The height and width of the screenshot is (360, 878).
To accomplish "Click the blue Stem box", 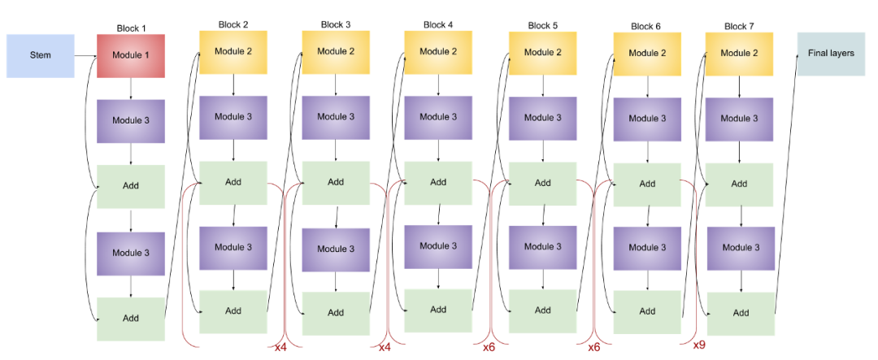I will coord(41,55).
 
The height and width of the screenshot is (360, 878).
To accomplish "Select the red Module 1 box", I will coord(131,55).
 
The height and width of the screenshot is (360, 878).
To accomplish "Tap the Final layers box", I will coord(831,54).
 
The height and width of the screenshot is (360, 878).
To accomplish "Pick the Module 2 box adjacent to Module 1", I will coord(233,52).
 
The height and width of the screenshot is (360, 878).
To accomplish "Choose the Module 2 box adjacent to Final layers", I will coord(739,54).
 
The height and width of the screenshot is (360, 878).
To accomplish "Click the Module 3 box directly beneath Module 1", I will coord(131,121).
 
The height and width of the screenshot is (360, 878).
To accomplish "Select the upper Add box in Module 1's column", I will coord(131,186).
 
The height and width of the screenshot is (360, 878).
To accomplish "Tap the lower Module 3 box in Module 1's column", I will coord(131,254).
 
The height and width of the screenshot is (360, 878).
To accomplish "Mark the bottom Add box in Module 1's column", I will coord(131,319).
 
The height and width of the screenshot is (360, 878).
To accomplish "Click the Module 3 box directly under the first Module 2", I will coord(233,117).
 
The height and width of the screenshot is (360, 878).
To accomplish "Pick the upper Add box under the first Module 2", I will coord(233,183).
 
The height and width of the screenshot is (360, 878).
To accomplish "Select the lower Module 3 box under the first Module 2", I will coord(233,248).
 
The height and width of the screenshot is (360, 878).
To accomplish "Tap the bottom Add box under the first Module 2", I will coord(233,311).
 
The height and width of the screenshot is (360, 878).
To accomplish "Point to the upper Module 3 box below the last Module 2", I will coord(739,119).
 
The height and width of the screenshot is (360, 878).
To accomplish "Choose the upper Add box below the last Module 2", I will coord(739,184).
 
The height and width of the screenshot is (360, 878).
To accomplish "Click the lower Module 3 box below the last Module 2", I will coord(741,248).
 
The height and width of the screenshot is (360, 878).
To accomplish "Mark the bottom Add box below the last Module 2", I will coord(741,314).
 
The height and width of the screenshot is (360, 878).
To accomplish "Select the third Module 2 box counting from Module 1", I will coord(438,52).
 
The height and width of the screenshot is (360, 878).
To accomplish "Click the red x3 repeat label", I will coord(489,348).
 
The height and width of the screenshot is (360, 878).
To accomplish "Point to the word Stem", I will coord(41,55).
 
